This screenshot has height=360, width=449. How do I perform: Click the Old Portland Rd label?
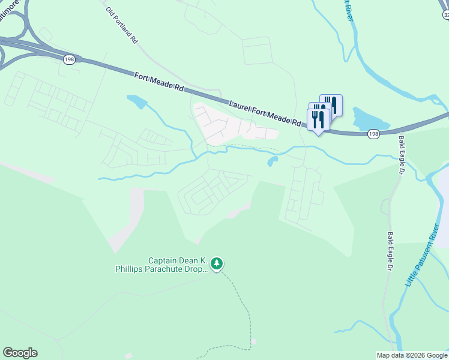coord(122,26)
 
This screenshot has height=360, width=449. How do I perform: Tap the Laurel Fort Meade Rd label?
coord(265,112)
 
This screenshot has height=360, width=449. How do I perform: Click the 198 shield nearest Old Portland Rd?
coord(69,59)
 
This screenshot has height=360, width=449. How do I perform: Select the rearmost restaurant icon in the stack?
coord(331,105)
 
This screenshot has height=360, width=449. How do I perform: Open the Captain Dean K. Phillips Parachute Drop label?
coord(161,265)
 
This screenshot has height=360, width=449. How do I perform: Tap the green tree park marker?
coord(217,263)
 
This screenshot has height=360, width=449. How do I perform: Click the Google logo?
coord(20,353)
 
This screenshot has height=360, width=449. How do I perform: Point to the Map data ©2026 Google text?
coord(411,355)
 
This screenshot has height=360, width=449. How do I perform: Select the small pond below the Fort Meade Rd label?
coord(136,101)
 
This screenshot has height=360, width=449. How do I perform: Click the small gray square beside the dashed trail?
coord(253,341)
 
